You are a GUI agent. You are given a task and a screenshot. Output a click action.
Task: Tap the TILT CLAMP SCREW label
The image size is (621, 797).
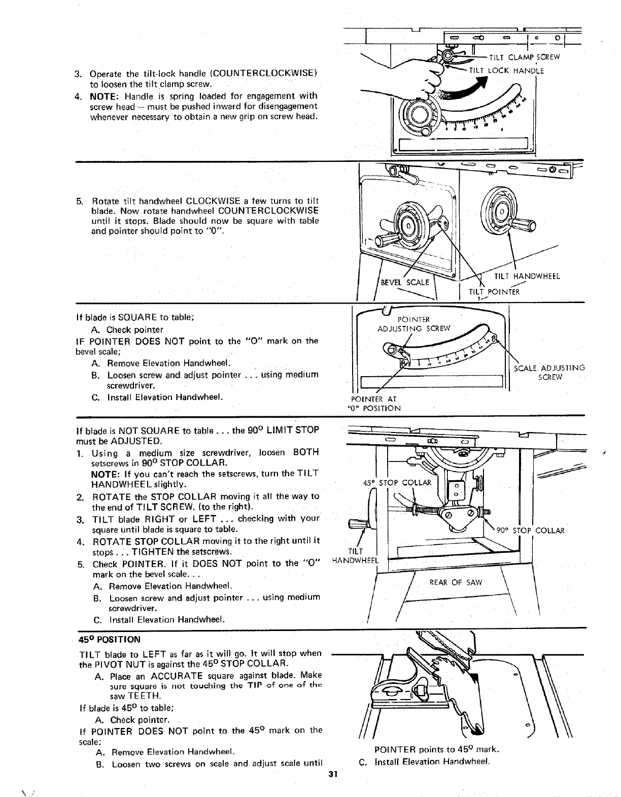pyautogui.click(x=524, y=57)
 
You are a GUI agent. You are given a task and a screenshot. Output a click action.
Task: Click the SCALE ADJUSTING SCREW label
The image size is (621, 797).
pyautogui.click(x=549, y=372)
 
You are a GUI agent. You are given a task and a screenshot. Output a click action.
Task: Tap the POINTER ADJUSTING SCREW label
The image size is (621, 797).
pyautogui.click(x=413, y=323)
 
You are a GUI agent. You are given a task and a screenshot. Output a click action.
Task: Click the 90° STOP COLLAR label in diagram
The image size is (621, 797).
pyautogui.click(x=530, y=531)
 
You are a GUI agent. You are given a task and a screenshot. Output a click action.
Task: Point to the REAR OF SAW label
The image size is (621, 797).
pyautogui.click(x=455, y=582)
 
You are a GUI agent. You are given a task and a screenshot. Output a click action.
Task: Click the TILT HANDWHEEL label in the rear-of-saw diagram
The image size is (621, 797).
pyautogui.click(x=355, y=556)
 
